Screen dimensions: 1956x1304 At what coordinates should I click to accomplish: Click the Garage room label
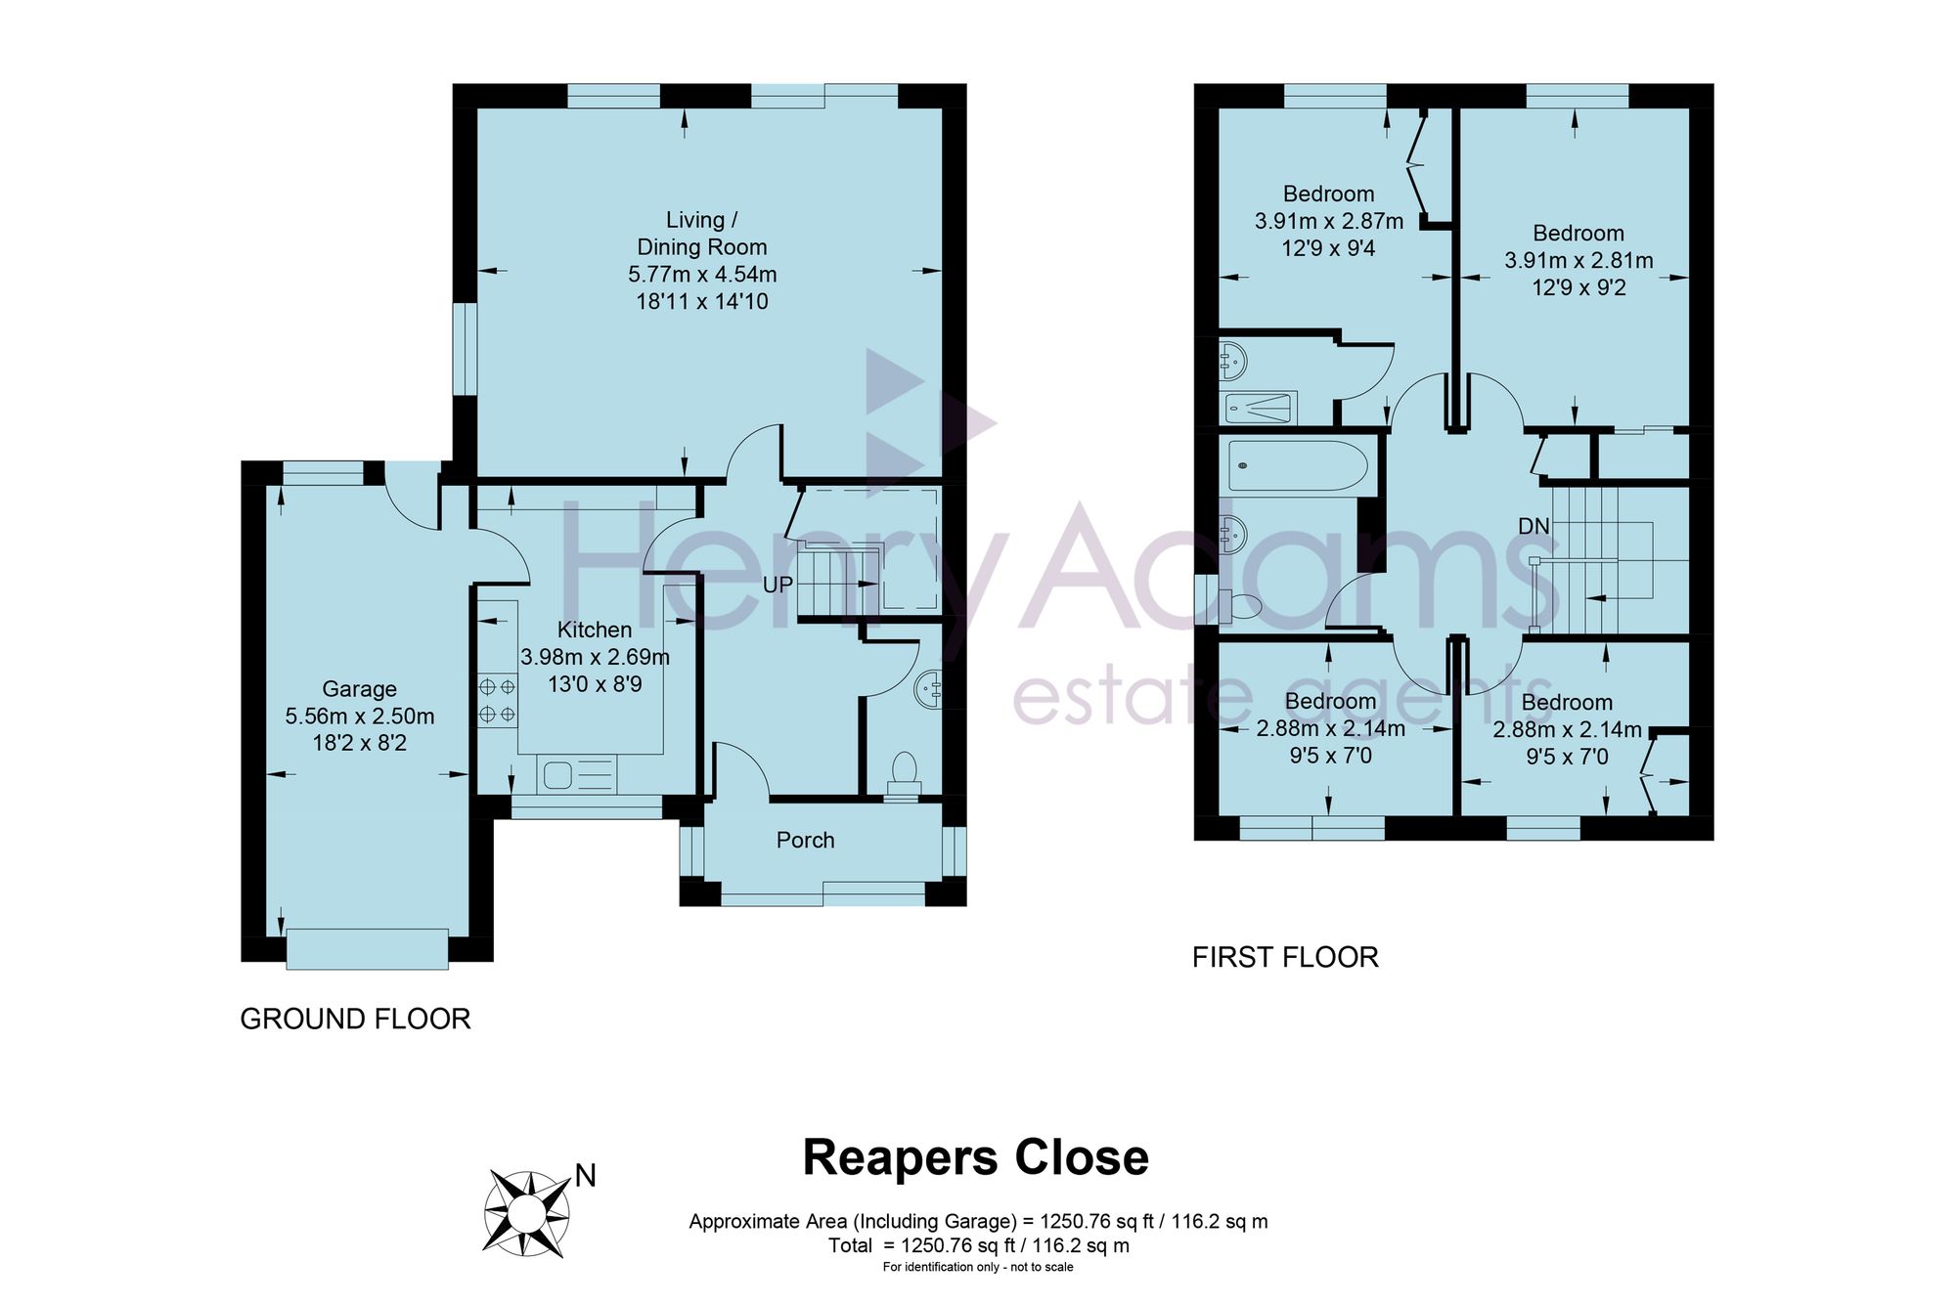pyautogui.click(x=359, y=689)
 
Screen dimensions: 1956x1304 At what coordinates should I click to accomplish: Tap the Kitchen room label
pyautogui.click(x=595, y=630)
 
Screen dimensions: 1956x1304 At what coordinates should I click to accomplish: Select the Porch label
pyautogui.click(x=806, y=840)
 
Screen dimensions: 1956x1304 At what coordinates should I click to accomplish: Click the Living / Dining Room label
pyautogui.click(x=702, y=234)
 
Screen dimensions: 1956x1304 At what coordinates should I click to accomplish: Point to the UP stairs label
pyautogui.click(x=778, y=585)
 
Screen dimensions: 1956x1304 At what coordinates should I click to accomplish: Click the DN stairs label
pyautogui.click(x=1534, y=526)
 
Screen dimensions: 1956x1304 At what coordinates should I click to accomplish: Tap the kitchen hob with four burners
pyautogui.click(x=497, y=701)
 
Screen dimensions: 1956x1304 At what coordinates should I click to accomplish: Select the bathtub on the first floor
pyautogui.click(x=1298, y=466)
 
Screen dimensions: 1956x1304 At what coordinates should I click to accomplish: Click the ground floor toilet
pyautogui.click(x=904, y=775)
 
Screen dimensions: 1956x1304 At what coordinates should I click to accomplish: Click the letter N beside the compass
pyautogui.click(x=586, y=1175)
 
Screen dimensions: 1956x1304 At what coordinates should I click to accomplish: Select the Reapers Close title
pyautogui.click(x=975, y=1157)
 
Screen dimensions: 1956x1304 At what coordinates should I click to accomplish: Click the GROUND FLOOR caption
pyautogui.click(x=355, y=1019)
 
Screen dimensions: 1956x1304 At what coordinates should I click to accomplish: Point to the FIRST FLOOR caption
pyautogui.click(x=1285, y=957)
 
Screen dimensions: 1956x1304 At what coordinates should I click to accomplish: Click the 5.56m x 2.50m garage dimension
pyautogui.click(x=360, y=717)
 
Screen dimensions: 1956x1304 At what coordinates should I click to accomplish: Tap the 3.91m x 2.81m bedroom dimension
pyautogui.click(x=1578, y=261)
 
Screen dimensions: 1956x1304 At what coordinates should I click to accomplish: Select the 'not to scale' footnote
pyautogui.click(x=978, y=1267)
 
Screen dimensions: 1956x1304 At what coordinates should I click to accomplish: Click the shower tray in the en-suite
pyautogui.click(x=1260, y=408)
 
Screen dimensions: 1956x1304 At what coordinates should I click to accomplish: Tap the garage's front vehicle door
pyautogui.click(x=368, y=948)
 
